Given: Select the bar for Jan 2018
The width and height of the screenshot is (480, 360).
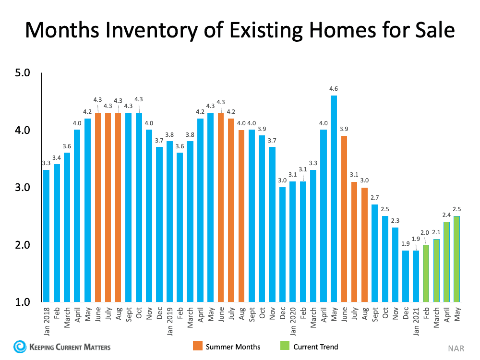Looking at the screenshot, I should [46, 235].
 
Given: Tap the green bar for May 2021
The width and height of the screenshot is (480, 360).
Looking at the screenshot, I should [457, 259].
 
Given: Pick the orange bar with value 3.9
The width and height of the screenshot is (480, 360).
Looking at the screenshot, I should [344, 218].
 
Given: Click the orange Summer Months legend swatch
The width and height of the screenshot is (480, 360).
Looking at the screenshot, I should [197, 347].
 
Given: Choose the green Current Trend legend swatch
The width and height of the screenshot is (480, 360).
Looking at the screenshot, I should [284, 347].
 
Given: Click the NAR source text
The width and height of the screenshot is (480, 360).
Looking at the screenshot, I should [456, 347].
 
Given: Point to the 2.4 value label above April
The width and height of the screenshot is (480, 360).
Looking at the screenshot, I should [446, 215].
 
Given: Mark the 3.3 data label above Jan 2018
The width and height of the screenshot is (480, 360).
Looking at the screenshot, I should [46, 163].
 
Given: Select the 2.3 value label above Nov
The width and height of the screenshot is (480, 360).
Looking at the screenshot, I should [395, 220].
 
